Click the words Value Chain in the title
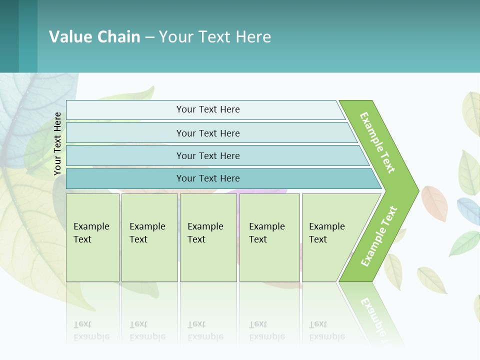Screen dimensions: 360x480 [x=94, y=37]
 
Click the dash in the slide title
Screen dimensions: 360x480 [x=149, y=37]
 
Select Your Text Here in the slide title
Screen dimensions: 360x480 [x=215, y=37]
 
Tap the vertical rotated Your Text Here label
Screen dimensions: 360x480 [x=57, y=144]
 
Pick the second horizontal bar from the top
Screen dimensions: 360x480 [x=208, y=133]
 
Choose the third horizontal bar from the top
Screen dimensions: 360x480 [x=208, y=155]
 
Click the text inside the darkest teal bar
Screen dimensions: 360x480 [x=208, y=178]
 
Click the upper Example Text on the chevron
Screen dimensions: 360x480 [x=377, y=142]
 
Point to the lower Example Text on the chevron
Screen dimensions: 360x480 [x=379, y=236]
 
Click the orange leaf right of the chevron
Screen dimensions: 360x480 [x=434, y=203]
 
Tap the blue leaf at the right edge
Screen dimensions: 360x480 [x=468, y=210]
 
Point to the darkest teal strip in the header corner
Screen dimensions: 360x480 [x=9, y=36]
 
